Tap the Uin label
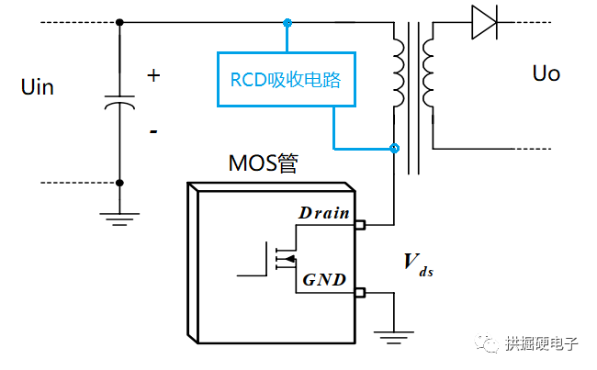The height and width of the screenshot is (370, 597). (x=37, y=88)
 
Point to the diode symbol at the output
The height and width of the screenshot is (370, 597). (x=484, y=23)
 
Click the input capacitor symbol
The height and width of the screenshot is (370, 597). (x=120, y=103)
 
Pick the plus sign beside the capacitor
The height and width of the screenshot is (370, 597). (x=153, y=75)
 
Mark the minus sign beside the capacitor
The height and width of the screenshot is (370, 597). (x=153, y=131)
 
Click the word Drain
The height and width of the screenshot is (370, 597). (x=323, y=213)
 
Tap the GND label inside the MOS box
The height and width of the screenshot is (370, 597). (x=323, y=279)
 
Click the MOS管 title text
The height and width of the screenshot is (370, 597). (x=264, y=164)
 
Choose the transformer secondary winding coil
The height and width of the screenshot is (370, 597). (x=429, y=73)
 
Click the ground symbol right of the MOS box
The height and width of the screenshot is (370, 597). (x=395, y=338)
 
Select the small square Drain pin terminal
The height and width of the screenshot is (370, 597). (x=360, y=224)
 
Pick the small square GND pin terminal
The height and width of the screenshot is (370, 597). (x=360, y=293)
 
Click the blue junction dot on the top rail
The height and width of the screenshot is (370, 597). (x=287, y=22)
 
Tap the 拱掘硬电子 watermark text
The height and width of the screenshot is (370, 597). (x=542, y=344)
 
